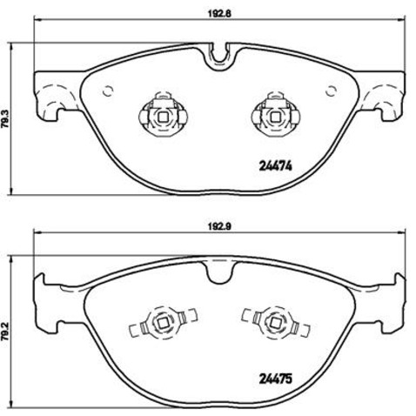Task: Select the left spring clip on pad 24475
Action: (x=159, y=327)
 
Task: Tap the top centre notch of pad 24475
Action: (x=219, y=272)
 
